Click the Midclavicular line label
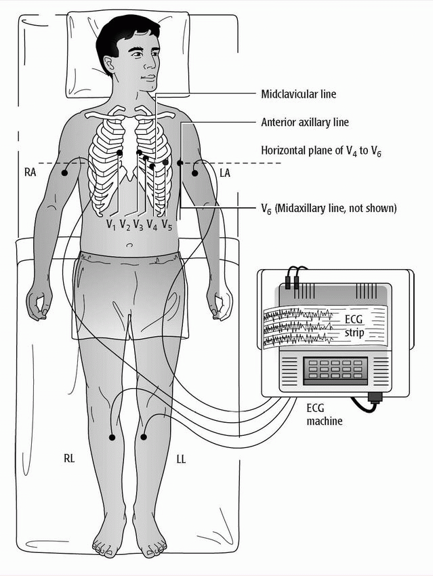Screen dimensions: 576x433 point(298,94)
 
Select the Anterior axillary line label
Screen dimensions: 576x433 point(305,123)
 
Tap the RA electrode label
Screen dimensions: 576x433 point(29,173)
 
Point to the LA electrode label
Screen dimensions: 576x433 point(226,173)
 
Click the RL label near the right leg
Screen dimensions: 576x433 point(68,459)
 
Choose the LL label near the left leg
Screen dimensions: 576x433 point(180,459)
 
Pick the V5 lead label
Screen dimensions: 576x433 point(167,223)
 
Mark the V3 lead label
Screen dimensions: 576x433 point(138,223)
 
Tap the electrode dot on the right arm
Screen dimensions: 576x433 point(65,173)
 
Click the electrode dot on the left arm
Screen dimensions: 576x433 point(194,173)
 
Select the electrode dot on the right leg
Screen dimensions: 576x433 point(112,438)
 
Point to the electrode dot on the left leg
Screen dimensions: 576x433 point(142,438)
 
